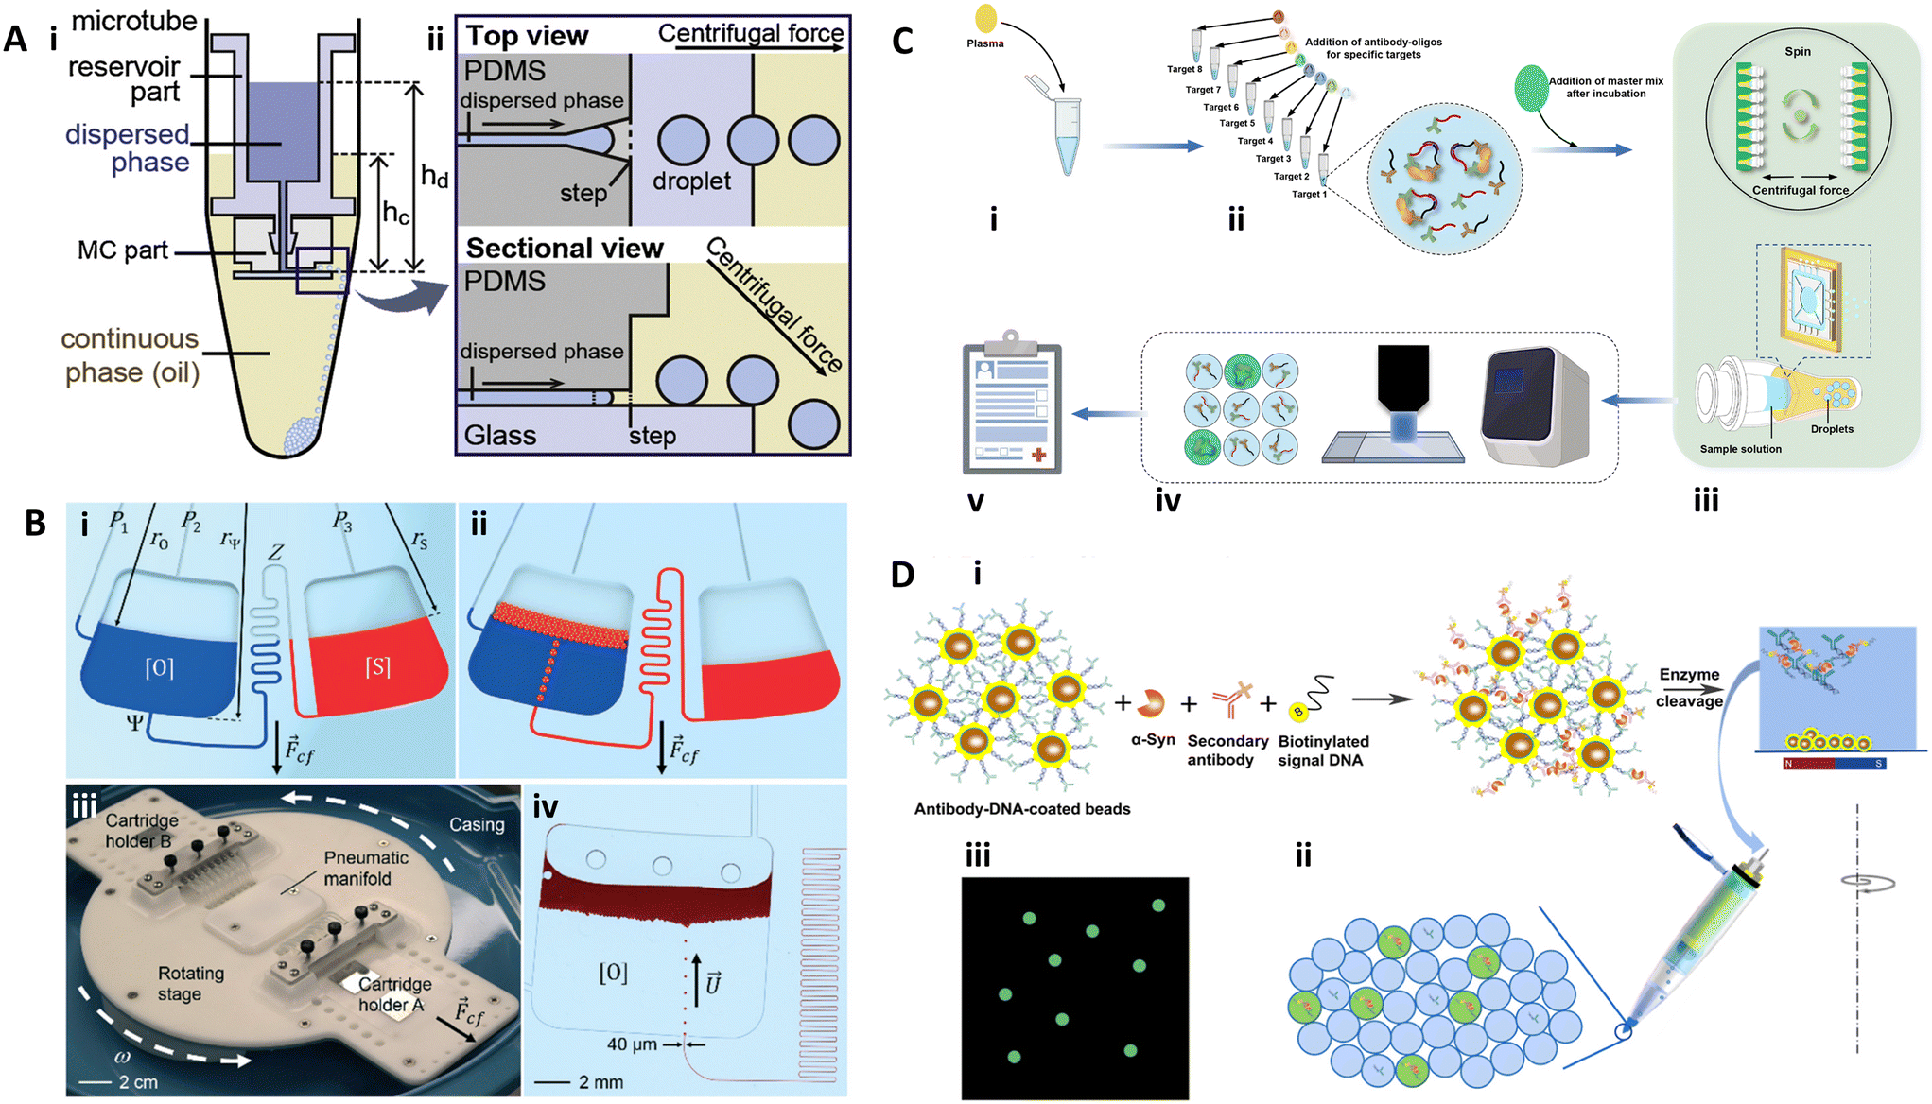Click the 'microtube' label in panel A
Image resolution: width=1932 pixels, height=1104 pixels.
coord(134,21)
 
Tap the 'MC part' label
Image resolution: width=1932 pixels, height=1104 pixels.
coord(123,250)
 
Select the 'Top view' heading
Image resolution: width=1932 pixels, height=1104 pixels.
coord(528,36)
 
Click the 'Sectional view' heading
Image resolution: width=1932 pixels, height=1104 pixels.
coord(566,248)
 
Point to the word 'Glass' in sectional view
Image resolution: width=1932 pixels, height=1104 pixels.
coord(500,435)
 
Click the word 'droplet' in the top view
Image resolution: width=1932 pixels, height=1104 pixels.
coord(691,181)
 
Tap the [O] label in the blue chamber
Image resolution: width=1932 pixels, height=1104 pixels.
coord(159,668)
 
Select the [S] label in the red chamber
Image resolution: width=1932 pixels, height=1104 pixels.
coord(377,667)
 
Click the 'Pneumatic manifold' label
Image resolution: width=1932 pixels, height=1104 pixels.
coord(366,868)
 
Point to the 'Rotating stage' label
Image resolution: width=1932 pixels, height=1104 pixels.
coord(190,983)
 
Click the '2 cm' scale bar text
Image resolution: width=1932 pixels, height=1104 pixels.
coord(138,1081)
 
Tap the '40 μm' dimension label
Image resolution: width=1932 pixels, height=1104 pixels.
coord(632,1044)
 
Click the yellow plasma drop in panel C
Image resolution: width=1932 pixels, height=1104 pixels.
coord(985,17)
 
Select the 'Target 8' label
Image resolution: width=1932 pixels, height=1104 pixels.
coord(1184,69)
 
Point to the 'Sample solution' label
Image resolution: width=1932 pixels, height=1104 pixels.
coord(1740,449)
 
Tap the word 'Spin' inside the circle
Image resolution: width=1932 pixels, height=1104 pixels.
coord(1798,52)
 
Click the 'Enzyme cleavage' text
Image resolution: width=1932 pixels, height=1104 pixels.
coord(1689,687)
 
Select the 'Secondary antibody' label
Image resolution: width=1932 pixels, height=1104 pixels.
coord(1227,750)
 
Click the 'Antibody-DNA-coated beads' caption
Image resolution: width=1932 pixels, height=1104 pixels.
coord(1022,809)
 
